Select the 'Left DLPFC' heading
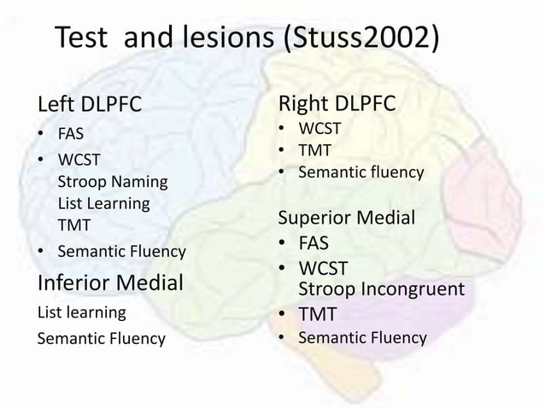(89, 106)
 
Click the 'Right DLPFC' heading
(337, 104)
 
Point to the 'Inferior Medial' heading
(110, 282)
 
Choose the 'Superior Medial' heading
(347, 218)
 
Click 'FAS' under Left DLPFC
(71, 134)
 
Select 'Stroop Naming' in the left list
(112, 182)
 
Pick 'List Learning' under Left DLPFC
(103, 203)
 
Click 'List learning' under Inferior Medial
(81, 312)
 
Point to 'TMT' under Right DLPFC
(314, 151)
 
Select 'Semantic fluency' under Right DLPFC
(360, 172)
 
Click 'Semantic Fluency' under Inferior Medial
(101, 339)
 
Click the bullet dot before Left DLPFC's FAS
(41, 135)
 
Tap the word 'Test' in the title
(82, 38)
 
